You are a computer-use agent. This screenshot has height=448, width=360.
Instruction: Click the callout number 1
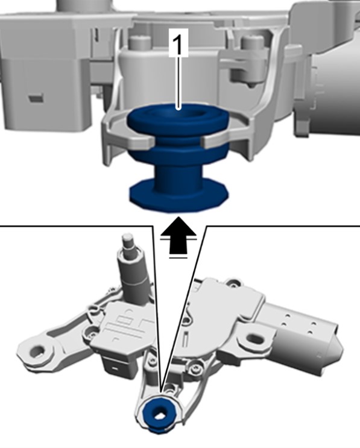[178, 43]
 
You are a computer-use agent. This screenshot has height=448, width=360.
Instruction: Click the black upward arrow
[178, 235]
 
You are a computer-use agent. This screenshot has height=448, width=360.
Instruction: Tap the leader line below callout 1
[179, 83]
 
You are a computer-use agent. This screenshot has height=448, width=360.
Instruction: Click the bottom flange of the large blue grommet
[179, 197]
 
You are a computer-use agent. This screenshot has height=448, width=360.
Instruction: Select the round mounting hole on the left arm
[37, 350]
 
